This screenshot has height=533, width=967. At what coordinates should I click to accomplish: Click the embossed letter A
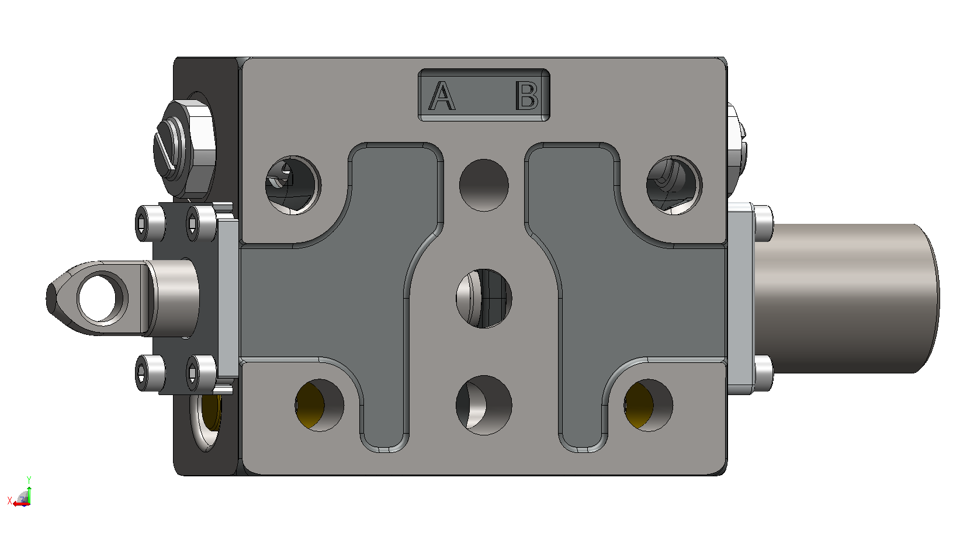click(442, 96)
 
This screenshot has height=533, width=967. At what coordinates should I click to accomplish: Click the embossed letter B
click(526, 96)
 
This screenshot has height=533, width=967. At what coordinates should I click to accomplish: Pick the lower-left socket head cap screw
click(150, 373)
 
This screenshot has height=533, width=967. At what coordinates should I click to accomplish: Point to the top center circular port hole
click(484, 185)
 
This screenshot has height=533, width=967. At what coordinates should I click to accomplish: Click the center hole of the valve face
click(484, 298)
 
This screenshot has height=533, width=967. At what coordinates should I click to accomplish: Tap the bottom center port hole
click(484, 405)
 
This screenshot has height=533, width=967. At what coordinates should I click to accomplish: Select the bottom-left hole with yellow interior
click(320, 405)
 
